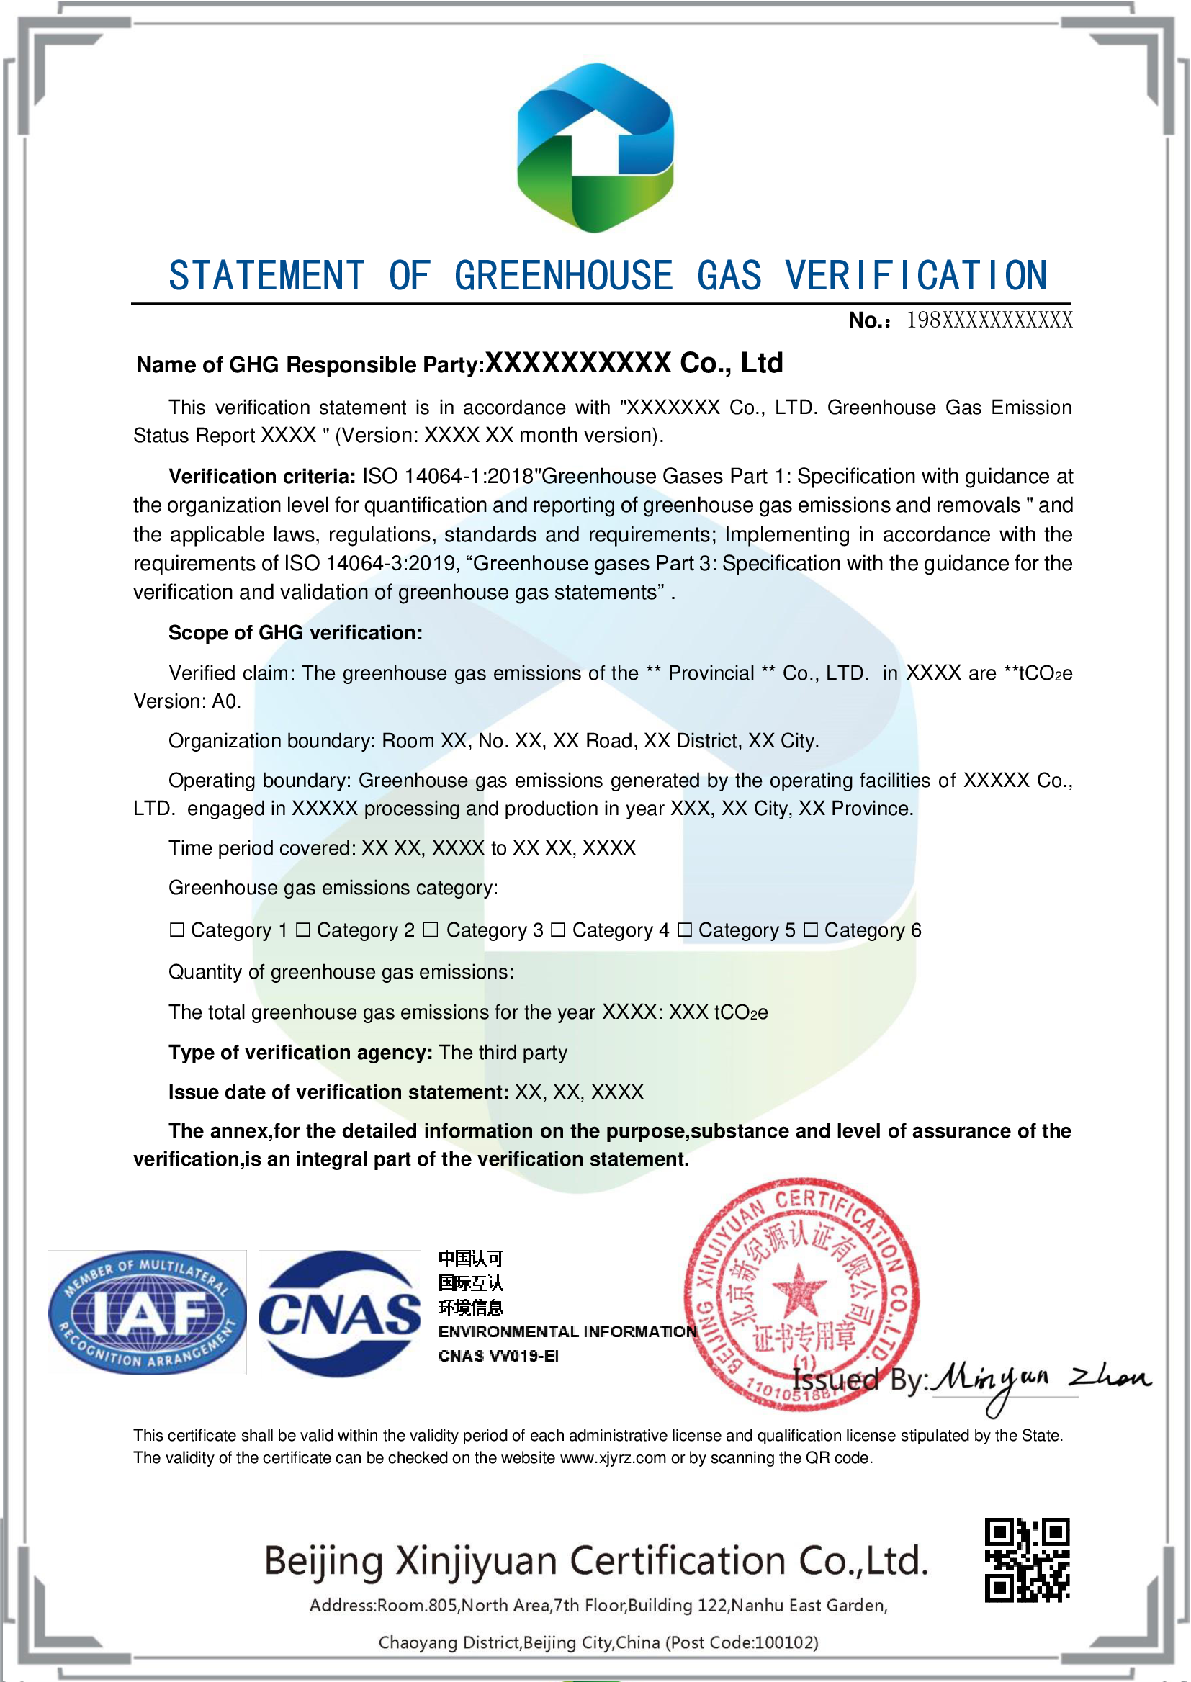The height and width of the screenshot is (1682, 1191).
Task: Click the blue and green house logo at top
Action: [595, 148]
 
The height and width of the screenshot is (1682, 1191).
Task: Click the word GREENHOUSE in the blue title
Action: [563, 276]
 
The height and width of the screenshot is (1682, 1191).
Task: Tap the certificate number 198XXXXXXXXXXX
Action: [989, 320]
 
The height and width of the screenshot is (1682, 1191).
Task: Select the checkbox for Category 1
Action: [176, 930]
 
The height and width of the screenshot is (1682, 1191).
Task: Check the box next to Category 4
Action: [557, 930]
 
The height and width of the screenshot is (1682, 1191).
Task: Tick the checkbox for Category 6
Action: [810, 930]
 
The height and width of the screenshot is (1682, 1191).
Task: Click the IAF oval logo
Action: [148, 1312]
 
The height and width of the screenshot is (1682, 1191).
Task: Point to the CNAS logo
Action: [340, 1313]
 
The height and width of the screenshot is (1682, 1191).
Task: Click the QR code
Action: [1026, 1560]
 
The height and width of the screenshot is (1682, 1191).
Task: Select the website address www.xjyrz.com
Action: [613, 1457]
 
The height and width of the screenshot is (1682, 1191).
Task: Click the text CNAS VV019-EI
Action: [499, 1356]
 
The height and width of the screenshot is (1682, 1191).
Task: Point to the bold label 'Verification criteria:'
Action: [263, 477]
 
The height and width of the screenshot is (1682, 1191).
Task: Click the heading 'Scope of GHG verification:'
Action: [295, 633]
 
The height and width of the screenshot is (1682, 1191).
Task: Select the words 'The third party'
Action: [503, 1052]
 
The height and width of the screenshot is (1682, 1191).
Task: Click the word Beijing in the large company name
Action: [323, 1562]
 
